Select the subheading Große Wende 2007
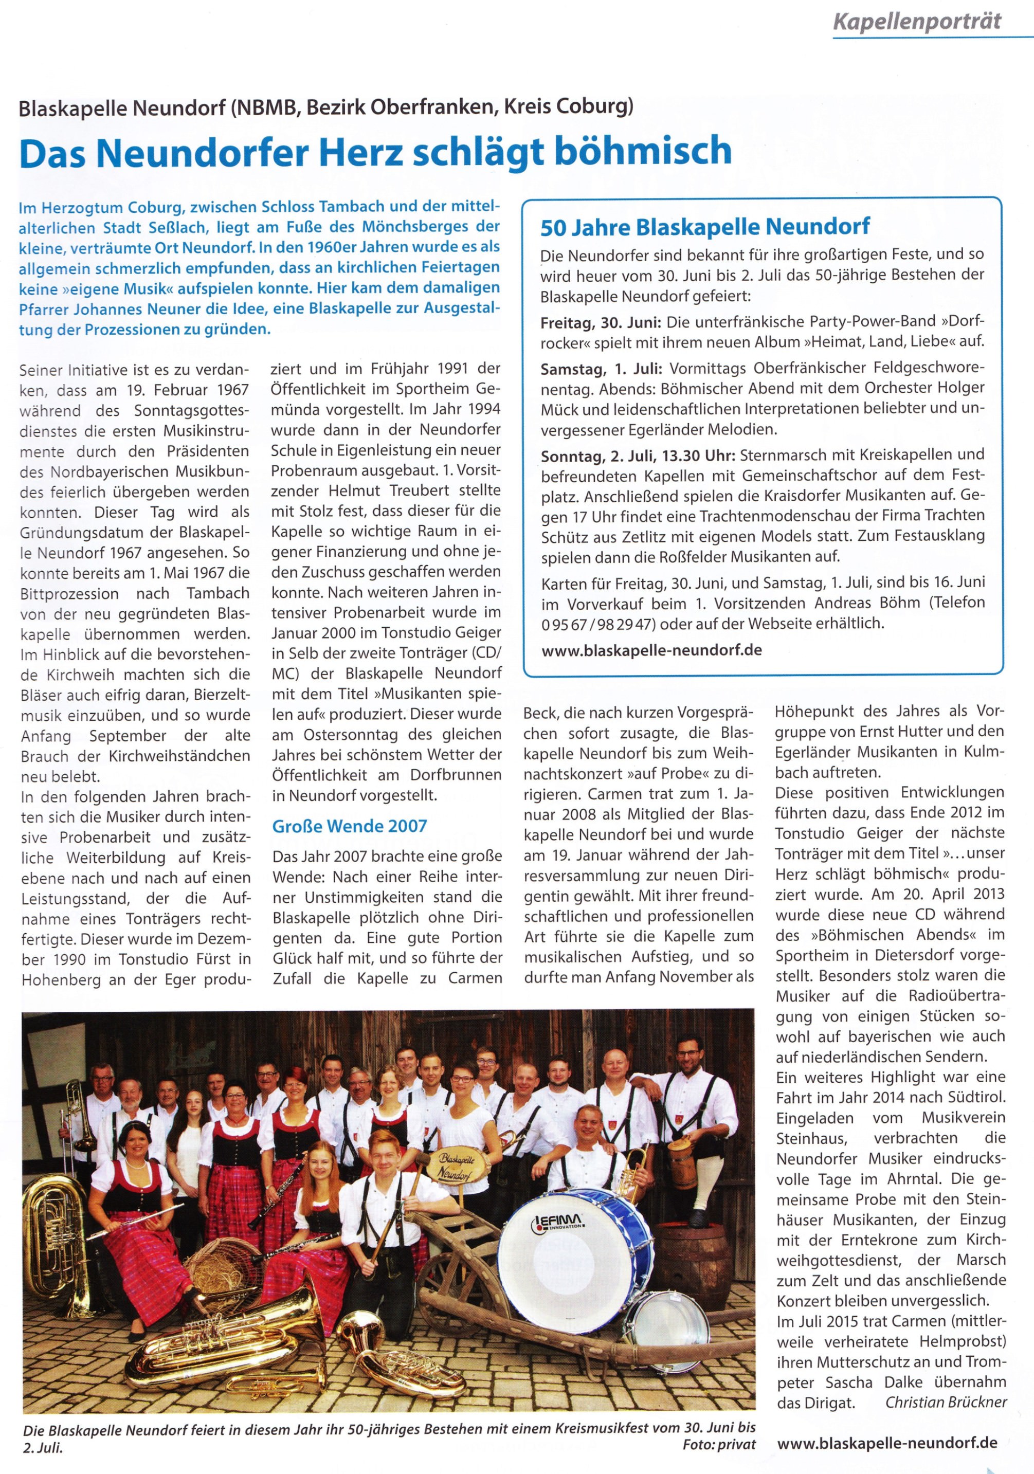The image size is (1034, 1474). pos(349,826)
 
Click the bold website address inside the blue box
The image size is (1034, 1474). pos(651,650)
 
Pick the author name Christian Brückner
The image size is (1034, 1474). pos(946,1402)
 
